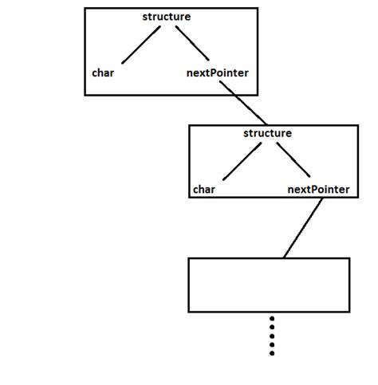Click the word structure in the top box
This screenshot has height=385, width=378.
(x=166, y=17)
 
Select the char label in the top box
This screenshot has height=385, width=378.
(x=104, y=73)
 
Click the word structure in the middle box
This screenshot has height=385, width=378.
(x=267, y=132)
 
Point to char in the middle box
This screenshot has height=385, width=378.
(x=204, y=190)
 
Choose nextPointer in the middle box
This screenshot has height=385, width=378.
(x=317, y=190)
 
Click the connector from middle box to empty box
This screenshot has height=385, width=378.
(x=302, y=228)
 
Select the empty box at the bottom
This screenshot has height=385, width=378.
(x=269, y=284)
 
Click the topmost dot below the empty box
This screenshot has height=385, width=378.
(x=272, y=319)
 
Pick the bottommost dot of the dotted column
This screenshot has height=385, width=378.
(x=272, y=353)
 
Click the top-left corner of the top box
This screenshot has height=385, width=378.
(x=85, y=9)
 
